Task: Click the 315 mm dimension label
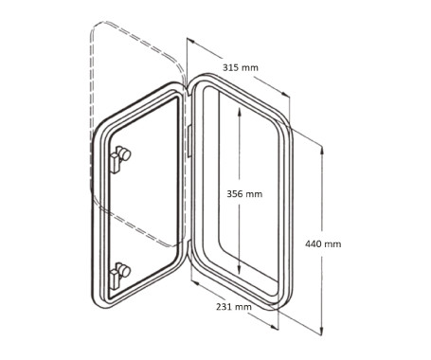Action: [x=241, y=67]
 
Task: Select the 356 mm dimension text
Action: [x=244, y=193]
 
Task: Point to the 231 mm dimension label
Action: [x=234, y=307]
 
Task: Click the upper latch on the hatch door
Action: [x=122, y=156]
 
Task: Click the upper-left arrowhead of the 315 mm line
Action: [x=189, y=41]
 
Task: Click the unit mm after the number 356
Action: [x=254, y=193]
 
